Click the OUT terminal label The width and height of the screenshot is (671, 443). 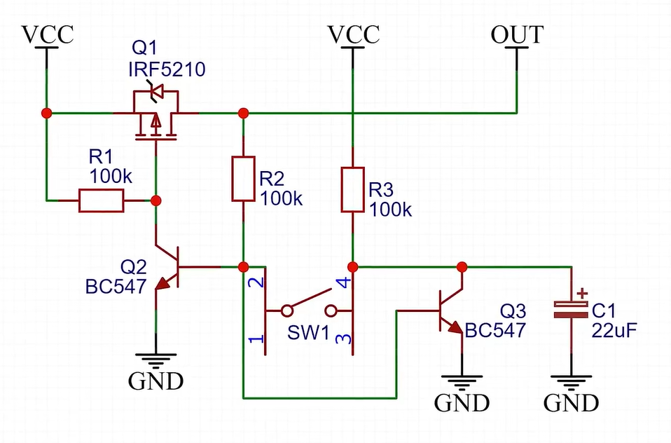click(517, 35)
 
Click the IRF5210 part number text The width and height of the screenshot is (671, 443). click(167, 69)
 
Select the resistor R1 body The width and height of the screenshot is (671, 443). click(102, 201)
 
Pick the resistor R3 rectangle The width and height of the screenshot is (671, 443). click(352, 189)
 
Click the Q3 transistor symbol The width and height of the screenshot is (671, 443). click(449, 309)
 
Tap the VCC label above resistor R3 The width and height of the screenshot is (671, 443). click(354, 34)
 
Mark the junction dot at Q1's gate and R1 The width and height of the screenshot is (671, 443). click(156, 201)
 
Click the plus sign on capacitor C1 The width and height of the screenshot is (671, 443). click(581, 293)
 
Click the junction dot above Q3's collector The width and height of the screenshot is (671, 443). click(462, 266)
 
